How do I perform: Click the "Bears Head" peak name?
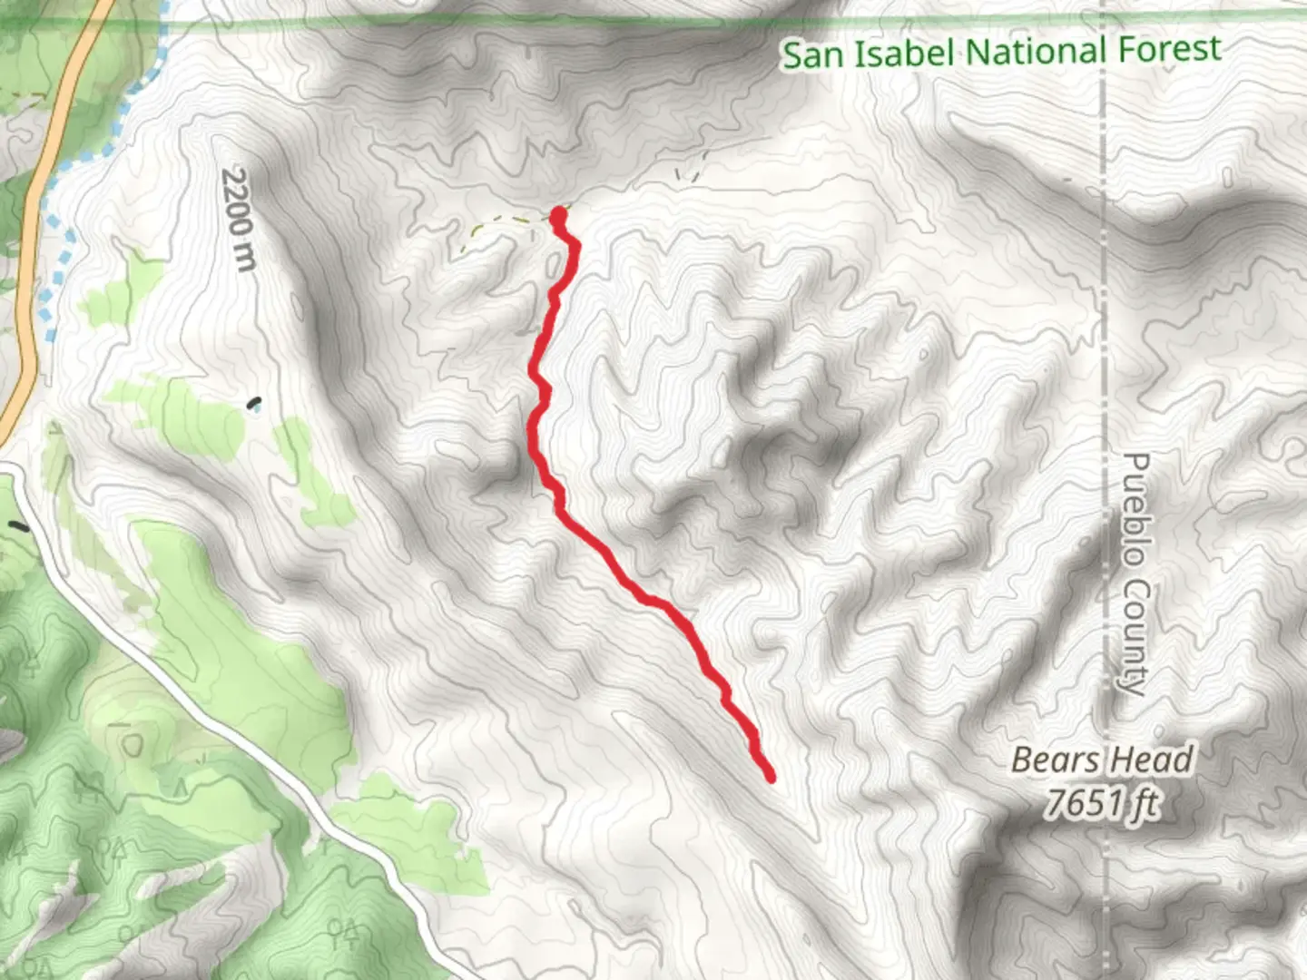pyautogui.click(x=1102, y=759)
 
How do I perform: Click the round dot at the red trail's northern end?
pyautogui.click(x=558, y=215)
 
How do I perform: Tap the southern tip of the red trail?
pyautogui.click(x=771, y=777)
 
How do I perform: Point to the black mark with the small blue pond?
pyautogui.click(x=255, y=404)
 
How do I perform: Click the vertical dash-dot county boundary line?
pyautogui.click(x=1104, y=272)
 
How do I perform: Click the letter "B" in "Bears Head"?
pyautogui.click(x=1022, y=759)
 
